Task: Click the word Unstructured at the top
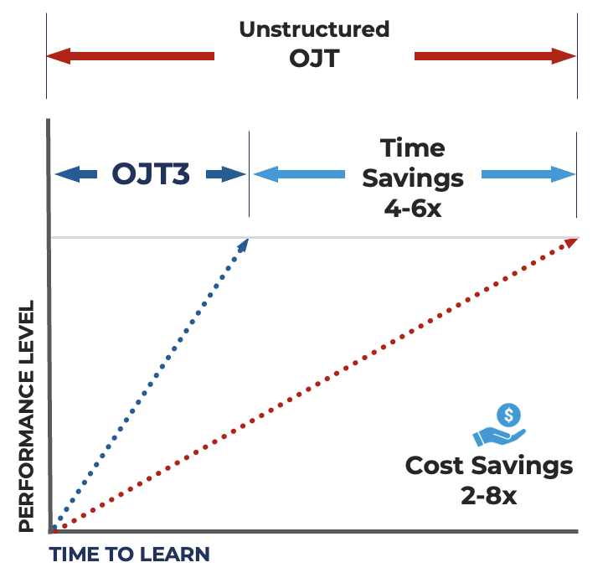click(314, 30)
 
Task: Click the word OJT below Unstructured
click(314, 59)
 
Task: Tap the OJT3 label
click(151, 175)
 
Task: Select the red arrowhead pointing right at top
click(565, 57)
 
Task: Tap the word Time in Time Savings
click(412, 148)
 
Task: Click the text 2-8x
click(489, 495)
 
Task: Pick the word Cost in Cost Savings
click(438, 466)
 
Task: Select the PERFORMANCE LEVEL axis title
click(27, 415)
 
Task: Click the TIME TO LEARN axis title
click(129, 555)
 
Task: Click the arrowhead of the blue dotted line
click(245, 244)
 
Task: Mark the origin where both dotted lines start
click(54, 529)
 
